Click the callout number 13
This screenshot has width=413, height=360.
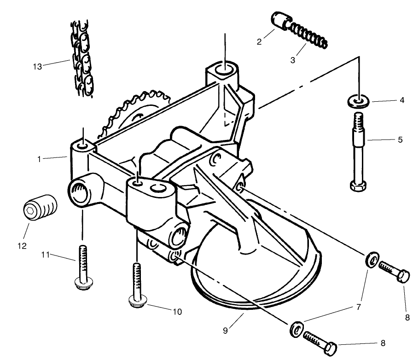[37, 66]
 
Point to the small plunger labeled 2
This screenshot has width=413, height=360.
[278, 21]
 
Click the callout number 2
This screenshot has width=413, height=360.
[259, 41]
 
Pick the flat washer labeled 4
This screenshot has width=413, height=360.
[357, 100]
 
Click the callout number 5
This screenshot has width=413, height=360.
[399, 139]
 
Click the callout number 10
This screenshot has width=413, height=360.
[177, 312]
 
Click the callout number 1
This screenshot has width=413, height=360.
[40, 159]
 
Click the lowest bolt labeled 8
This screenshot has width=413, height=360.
[320, 343]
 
